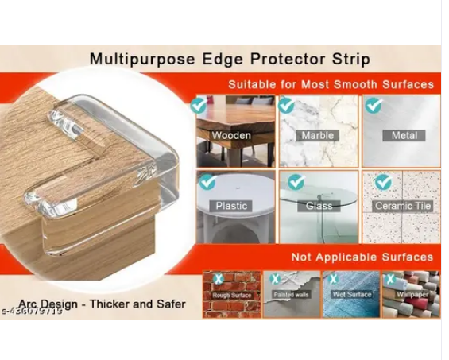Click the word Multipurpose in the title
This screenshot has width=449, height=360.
130,60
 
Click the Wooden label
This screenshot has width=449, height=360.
231,136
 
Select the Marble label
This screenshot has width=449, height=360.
318,136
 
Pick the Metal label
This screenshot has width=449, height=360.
404,136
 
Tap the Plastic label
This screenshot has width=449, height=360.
231,206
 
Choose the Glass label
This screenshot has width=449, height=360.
319,206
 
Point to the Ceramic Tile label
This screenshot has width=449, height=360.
403,206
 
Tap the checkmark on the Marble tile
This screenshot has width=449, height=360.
286,105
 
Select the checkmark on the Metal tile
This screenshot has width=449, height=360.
373,105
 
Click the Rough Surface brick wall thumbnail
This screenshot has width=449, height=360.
231,294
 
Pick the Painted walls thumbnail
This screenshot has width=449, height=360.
292,294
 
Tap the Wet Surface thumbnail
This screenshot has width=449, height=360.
350,294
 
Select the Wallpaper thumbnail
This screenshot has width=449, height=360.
410,294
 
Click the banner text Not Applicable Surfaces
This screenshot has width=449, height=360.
362,257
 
